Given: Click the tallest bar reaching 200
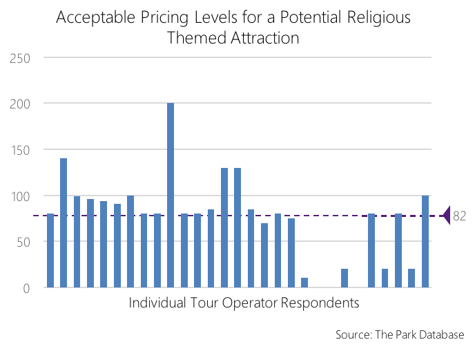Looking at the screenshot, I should pos(171,195).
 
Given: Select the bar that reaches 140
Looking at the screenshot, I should pos(64,222).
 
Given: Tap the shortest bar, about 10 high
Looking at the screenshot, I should pos(304,283).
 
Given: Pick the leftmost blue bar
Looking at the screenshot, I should pos(50,250).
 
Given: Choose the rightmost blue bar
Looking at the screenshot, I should pos(425,241).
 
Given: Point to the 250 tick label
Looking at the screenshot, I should pos(21,58).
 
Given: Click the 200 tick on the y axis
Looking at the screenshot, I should pos(21,104).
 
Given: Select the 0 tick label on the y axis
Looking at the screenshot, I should pos(26,288).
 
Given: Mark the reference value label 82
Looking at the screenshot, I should pos(460,216).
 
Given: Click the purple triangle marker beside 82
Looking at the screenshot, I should pos(446,216).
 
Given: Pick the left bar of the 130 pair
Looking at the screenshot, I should pos(224,227).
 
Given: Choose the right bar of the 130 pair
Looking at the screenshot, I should pos(237,227).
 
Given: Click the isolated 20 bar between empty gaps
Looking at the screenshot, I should pos(345,278).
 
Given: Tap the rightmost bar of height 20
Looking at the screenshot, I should pos(411,278).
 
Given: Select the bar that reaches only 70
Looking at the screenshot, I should pos(264,255).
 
